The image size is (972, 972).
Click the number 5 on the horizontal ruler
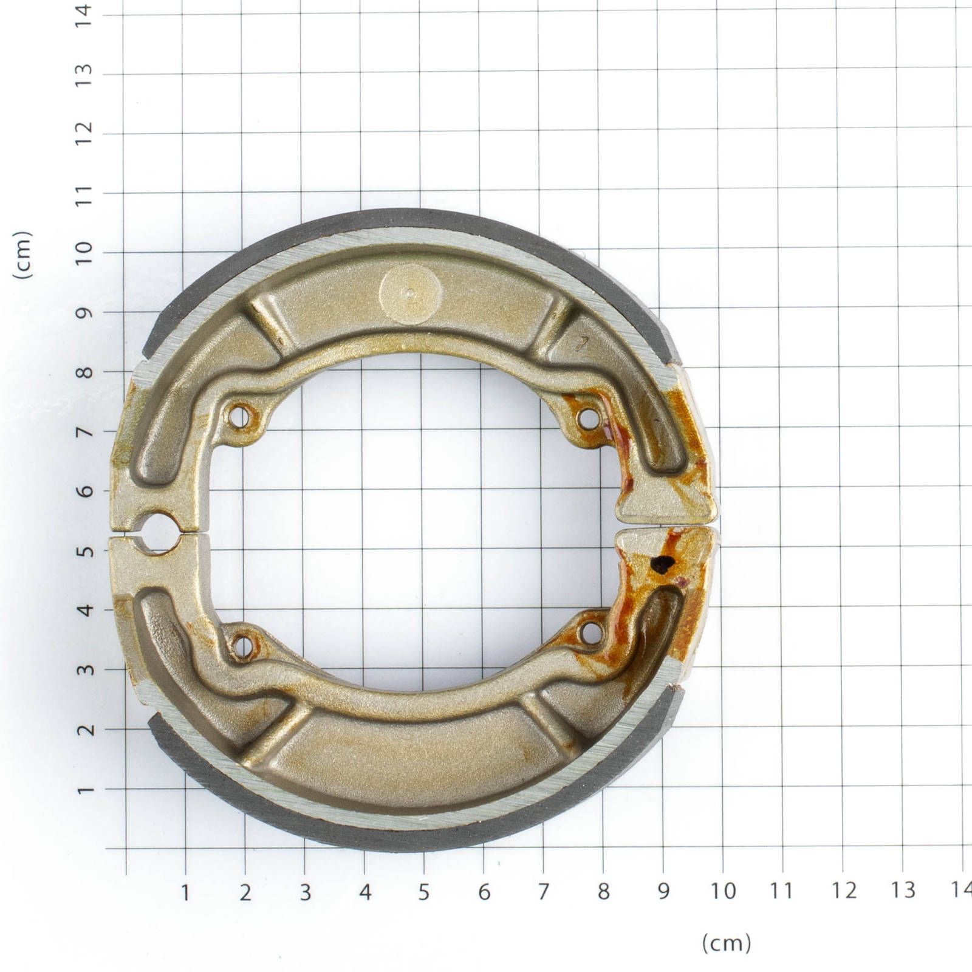point(424,892)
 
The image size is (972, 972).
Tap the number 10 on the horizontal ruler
point(722,891)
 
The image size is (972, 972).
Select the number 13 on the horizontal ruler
point(902,891)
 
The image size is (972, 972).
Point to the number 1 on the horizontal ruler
point(185,892)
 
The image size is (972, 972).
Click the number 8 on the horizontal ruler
point(603,892)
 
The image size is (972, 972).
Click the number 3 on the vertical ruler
point(84,669)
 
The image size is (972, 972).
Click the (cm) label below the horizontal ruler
point(727,943)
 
